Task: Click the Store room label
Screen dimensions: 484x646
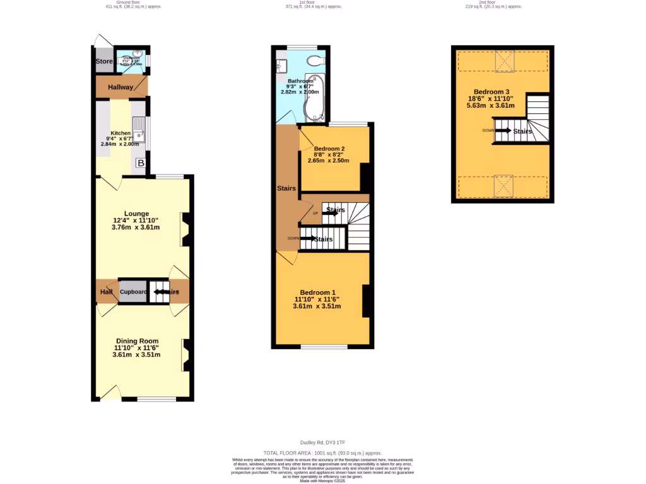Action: (x=103, y=62)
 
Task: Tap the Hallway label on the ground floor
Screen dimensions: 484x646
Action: (x=120, y=87)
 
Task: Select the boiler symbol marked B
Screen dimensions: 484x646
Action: (x=141, y=164)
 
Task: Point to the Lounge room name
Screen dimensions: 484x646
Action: (x=136, y=214)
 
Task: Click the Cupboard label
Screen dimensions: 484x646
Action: (x=133, y=292)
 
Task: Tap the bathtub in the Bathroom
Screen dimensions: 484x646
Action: (x=314, y=100)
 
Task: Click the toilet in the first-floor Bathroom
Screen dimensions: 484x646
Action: (x=314, y=60)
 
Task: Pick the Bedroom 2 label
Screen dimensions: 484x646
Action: (x=329, y=149)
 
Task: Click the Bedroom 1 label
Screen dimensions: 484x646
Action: (x=317, y=292)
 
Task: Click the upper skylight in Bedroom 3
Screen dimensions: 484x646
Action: (x=505, y=61)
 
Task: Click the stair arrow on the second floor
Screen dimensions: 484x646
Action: (x=503, y=130)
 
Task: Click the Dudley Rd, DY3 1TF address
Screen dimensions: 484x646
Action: (x=322, y=443)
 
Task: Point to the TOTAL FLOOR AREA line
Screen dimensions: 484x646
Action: (x=322, y=453)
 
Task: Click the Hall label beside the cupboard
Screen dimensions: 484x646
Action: (x=105, y=292)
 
